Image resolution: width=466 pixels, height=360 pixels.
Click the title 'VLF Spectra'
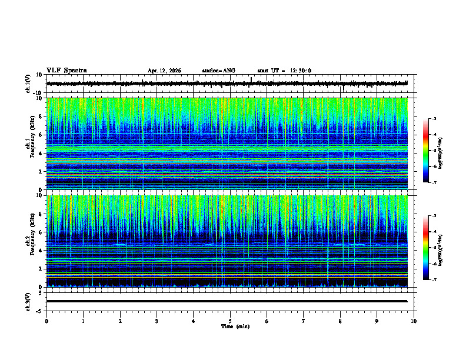(x=66, y=71)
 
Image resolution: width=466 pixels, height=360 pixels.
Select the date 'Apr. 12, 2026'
(x=164, y=71)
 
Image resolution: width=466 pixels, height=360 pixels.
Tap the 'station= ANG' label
(x=218, y=71)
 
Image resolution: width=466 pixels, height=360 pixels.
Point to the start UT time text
(x=284, y=71)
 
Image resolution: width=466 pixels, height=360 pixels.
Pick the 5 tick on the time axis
(x=230, y=321)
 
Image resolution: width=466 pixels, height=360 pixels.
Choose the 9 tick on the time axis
(x=377, y=321)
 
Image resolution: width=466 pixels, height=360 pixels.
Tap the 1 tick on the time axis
(x=84, y=321)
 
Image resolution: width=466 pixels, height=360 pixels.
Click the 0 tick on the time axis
(x=46, y=321)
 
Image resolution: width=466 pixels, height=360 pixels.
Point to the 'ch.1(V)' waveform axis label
(x=28, y=84)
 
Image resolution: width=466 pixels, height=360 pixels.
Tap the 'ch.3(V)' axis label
(x=28, y=301)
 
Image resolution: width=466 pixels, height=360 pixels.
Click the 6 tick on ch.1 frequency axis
(x=40, y=135)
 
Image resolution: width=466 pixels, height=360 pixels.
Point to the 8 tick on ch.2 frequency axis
(x=40, y=214)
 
